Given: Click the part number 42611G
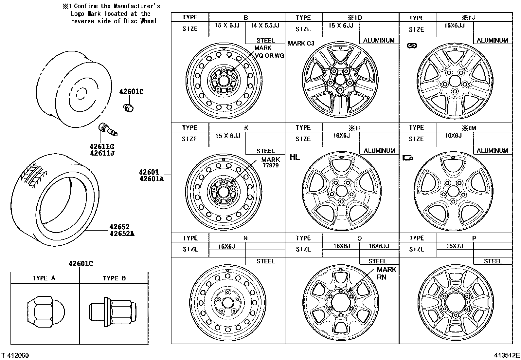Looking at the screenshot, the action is click(x=102, y=146).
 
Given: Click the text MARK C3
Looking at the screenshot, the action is click(x=301, y=44).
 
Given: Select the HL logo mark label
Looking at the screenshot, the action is click(x=295, y=157).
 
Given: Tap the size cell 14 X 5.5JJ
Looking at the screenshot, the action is click(x=265, y=26).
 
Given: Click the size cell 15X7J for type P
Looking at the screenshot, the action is click(x=455, y=246).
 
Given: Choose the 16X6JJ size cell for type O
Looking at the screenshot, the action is click(x=379, y=246).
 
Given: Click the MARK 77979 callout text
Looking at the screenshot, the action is click(x=270, y=162).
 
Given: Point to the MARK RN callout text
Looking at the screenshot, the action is click(x=386, y=273).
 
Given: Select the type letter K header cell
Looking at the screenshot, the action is click(x=246, y=128).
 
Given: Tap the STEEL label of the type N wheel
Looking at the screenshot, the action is click(x=265, y=261).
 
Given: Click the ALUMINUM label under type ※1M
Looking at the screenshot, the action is click(x=492, y=151).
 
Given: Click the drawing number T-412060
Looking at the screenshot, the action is click(x=15, y=355).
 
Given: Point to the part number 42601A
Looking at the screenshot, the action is click(x=151, y=179).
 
